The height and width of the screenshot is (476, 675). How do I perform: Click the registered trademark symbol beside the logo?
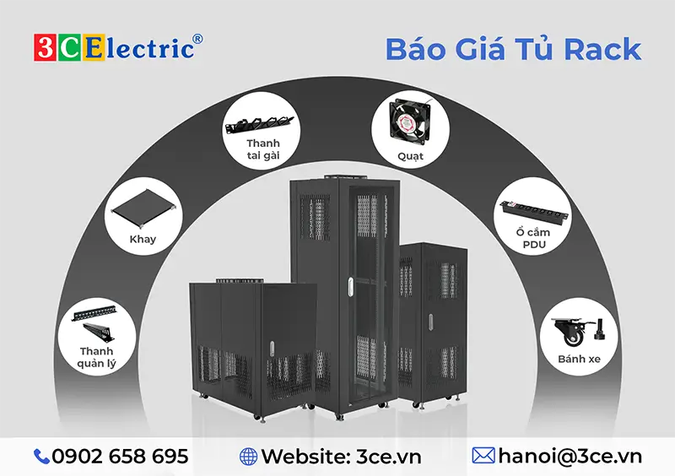pos(197,39)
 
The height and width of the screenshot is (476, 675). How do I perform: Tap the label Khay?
pos(143,239)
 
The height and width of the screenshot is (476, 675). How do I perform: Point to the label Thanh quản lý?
pos(97,358)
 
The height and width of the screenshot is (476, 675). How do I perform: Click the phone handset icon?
pos(41,457)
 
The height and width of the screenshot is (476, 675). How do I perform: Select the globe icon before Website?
pos(248,457)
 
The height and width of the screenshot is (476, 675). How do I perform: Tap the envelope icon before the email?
pos(483,457)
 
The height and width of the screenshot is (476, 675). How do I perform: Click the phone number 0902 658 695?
pos(120,457)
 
